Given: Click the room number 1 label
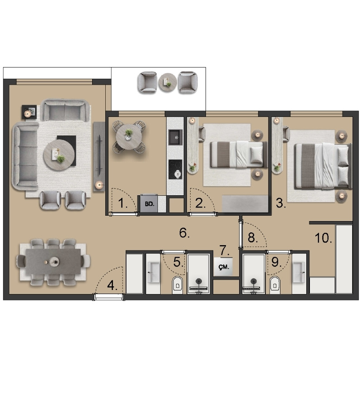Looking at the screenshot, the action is tap(123, 203).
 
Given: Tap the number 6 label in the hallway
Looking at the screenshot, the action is tap(184, 232).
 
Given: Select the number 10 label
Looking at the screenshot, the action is tap(323, 238).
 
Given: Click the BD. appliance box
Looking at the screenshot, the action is tap(149, 203).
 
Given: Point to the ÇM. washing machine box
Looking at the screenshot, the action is tap(223, 267).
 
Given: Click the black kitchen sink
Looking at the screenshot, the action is tap(176, 137).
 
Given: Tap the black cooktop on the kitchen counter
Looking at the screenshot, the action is tap(175, 169).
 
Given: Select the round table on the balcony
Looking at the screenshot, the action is tap(167, 82).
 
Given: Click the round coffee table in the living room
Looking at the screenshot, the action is tap(59, 155).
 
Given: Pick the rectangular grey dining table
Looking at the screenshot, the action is tap(53, 261).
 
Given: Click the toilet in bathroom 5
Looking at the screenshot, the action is tap(177, 285).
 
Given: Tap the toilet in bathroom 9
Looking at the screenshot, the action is tap(275, 285).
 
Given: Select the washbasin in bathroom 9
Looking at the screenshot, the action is tap(299, 272).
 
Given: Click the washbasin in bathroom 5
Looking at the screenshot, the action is tap(153, 272).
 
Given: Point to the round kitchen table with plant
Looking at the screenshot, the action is tap(129, 137).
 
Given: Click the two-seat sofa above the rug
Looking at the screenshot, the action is tap(65, 111).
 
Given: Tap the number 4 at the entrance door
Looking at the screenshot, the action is tap(112, 285).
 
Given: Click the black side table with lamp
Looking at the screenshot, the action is tap(29, 112).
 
